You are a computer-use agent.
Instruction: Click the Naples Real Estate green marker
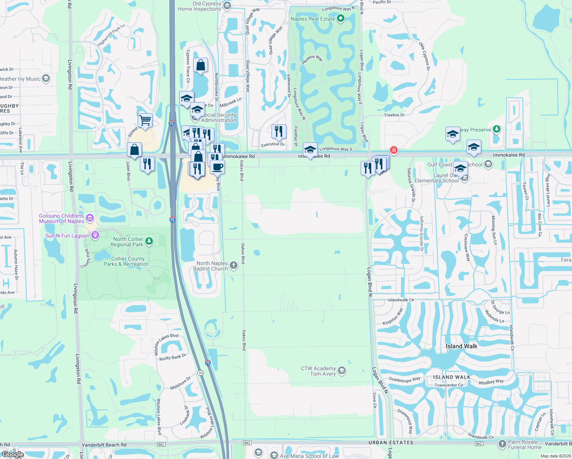pyautogui.click(x=340, y=18)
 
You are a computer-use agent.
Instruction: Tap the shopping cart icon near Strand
pyautogui.click(x=145, y=120)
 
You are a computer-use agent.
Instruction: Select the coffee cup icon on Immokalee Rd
pyautogui.click(x=217, y=167)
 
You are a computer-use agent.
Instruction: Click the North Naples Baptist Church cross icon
pyautogui.click(x=233, y=266)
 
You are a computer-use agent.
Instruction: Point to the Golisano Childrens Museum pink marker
pyautogui.click(x=90, y=218)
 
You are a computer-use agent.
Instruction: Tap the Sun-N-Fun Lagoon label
pyautogui.click(x=67, y=236)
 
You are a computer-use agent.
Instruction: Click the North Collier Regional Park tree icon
pyautogui.click(x=149, y=241)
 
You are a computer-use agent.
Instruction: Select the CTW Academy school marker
pyautogui.click(x=342, y=371)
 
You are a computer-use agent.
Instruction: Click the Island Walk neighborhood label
pyautogui.click(x=461, y=346)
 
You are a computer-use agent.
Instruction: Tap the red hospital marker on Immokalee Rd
pyautogui.click(x=393, y=150)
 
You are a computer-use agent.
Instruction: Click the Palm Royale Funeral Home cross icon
pyautogui.click(x=502, y=444)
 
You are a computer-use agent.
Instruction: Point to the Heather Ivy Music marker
pyautogui.click(x=46, y=79)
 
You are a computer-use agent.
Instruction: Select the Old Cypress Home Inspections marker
pyautogui.click(x=227, y=5)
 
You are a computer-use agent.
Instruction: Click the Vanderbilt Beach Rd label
pyautogui.click(x=104, y=445)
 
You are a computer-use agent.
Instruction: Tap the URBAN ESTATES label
pyautogui.click(x=391, y=443)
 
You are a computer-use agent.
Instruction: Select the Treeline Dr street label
pyautogui.click(x=394, y=115)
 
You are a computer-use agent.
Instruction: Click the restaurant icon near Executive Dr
pyautogui.click(x=279, y=131)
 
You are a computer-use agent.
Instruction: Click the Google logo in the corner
pyautogui.click(x=13, y=454)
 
